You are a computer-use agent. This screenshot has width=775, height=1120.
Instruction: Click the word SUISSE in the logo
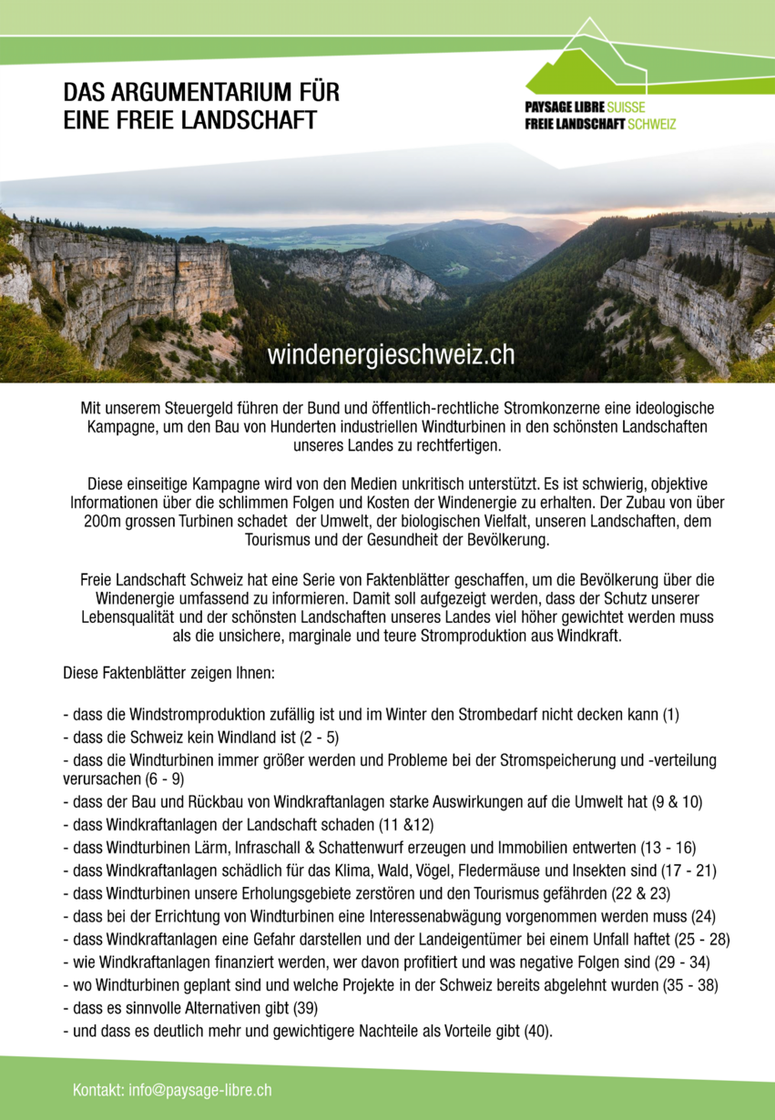tap(626, 107)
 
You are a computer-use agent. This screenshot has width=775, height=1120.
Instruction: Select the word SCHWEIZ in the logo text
tap(652, 123)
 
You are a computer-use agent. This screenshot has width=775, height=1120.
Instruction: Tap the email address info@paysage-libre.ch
tap(200, 1090)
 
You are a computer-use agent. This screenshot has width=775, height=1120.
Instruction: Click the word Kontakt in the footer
tap(98, 1090)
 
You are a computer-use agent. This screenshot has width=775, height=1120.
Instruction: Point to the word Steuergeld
tap(191, 407)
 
